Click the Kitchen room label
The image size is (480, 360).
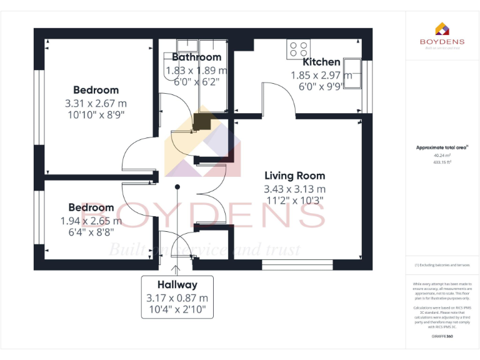pos(321,62)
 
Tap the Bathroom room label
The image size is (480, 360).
pos(196,57)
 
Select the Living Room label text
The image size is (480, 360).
pos(294,176)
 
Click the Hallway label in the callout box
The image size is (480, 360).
pos(177,285)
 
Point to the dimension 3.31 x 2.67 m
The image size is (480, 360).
pos(96,103)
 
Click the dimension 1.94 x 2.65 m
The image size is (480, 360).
pos(91,221)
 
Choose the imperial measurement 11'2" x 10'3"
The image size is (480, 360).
pos(294,201)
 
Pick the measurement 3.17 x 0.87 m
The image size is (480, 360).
pos(177,298)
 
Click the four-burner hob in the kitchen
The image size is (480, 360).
pos(298,49)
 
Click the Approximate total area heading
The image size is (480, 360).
pos(441,147)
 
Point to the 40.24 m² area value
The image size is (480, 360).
pos(441,155)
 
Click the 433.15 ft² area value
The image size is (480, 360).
pos(441,161)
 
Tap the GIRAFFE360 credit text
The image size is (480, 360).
pos(441,337)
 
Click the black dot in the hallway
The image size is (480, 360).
pos(177,186)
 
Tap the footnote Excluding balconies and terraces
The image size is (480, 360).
pos(441,265)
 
